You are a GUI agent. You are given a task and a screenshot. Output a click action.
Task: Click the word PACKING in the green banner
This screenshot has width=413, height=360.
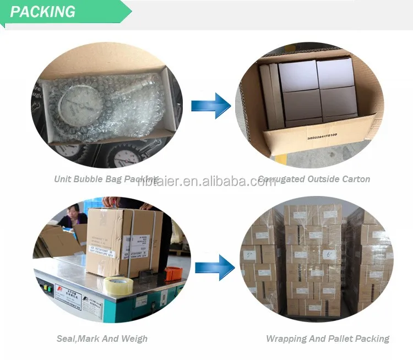(x=42, y=12)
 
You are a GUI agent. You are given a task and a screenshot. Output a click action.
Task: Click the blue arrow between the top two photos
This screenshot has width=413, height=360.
(x=211, y=105)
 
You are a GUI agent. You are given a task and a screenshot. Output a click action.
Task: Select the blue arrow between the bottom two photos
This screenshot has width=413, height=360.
(x=211, y=267)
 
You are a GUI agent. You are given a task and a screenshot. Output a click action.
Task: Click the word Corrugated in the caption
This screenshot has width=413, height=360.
(x=283, y=179)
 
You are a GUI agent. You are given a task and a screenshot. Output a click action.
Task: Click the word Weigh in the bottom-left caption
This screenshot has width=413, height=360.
(x=135, y=339)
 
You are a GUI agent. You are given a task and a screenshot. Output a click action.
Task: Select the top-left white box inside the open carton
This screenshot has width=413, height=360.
(x=298, y=75)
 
